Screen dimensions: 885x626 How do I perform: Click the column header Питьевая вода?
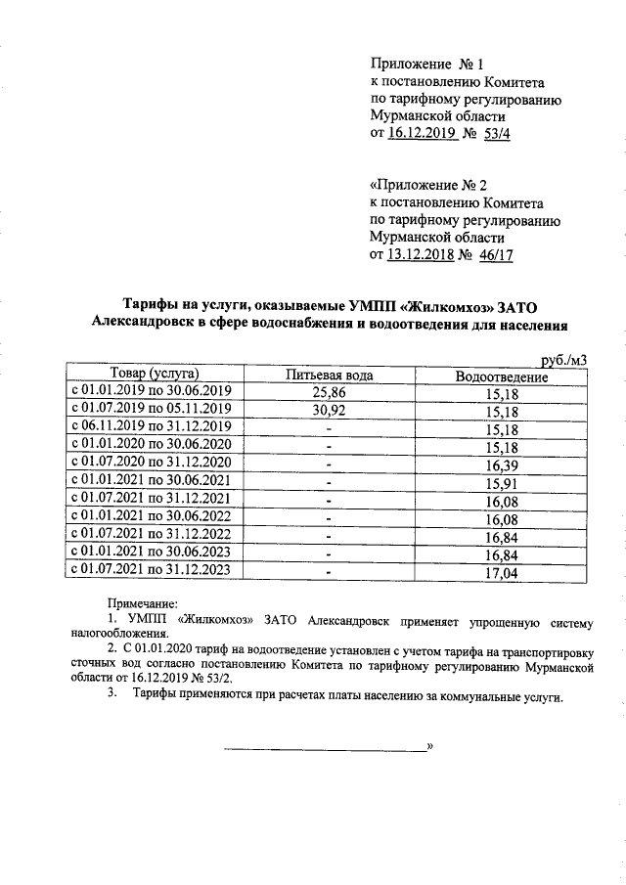point(329,376)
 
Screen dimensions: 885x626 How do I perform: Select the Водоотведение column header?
point(501,376)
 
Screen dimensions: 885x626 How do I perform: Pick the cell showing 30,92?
point(330,411)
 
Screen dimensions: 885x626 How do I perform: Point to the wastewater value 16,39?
point(501,464)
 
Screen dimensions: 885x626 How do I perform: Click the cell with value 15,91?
point(501,482)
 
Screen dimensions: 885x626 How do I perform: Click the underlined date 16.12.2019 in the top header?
point(424,136)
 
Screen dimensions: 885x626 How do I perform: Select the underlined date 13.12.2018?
point(424,256)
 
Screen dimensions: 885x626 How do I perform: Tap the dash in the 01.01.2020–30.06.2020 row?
point(330,446)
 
